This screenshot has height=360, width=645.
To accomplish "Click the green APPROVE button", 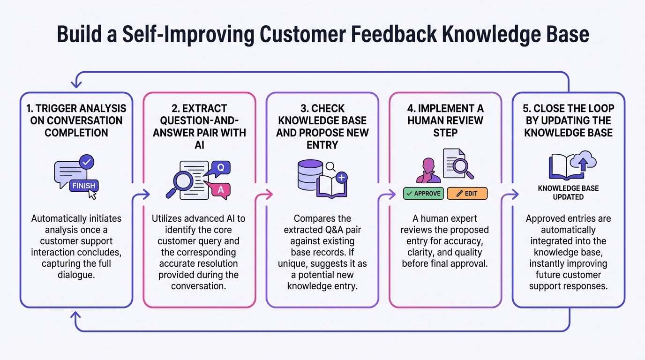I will pyautogui.click(x=423, y=193).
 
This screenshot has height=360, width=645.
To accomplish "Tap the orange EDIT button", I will pyautogui.click(x=467, y=193).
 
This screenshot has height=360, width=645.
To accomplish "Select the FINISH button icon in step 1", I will pyautogui.click(x=83, y=186).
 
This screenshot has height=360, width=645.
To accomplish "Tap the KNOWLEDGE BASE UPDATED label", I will pyautogui.click(x=568, y=193).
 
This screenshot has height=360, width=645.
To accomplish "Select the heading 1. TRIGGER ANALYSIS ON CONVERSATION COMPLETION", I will pyautogui.click(x=76, y=121).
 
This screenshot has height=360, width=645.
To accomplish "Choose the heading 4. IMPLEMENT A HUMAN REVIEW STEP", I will pyautogui.click(x=445, y=121).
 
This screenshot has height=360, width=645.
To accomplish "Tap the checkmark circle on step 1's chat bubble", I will pyautogui.click(x=87, y=162).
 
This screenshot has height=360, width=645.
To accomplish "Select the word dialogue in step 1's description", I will pyautogui.click(x=76, y=275).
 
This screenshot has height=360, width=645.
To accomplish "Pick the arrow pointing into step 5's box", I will pyautogui.click(x=514, y=194).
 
